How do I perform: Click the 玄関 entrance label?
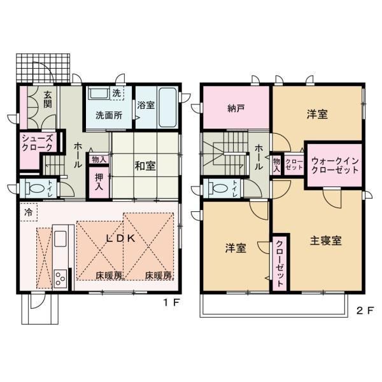tap(48, 99)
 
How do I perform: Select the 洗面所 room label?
tap(109, 115)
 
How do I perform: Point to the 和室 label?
tap(145, 166)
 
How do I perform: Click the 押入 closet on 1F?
tap(99, 182)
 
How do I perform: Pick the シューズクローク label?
tap(38, 143)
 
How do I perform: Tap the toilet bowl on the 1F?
tap(36, 188)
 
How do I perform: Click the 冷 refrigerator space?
tap(29, 212)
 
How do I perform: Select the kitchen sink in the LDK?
tap(60, 239)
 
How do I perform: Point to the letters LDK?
tap(121, 239)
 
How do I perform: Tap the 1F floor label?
tap(171, 303)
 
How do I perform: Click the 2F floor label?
tap(365, 311)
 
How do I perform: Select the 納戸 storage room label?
tap(236, 108)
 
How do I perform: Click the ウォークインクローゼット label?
tap(335, 166)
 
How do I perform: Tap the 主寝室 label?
tap(326, 241)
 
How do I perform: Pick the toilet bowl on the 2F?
tap(220, 188)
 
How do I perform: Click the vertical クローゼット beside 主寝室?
tap(279, 264)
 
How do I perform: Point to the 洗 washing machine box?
tap(117, 93)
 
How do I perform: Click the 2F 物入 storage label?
tap(276, 166)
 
